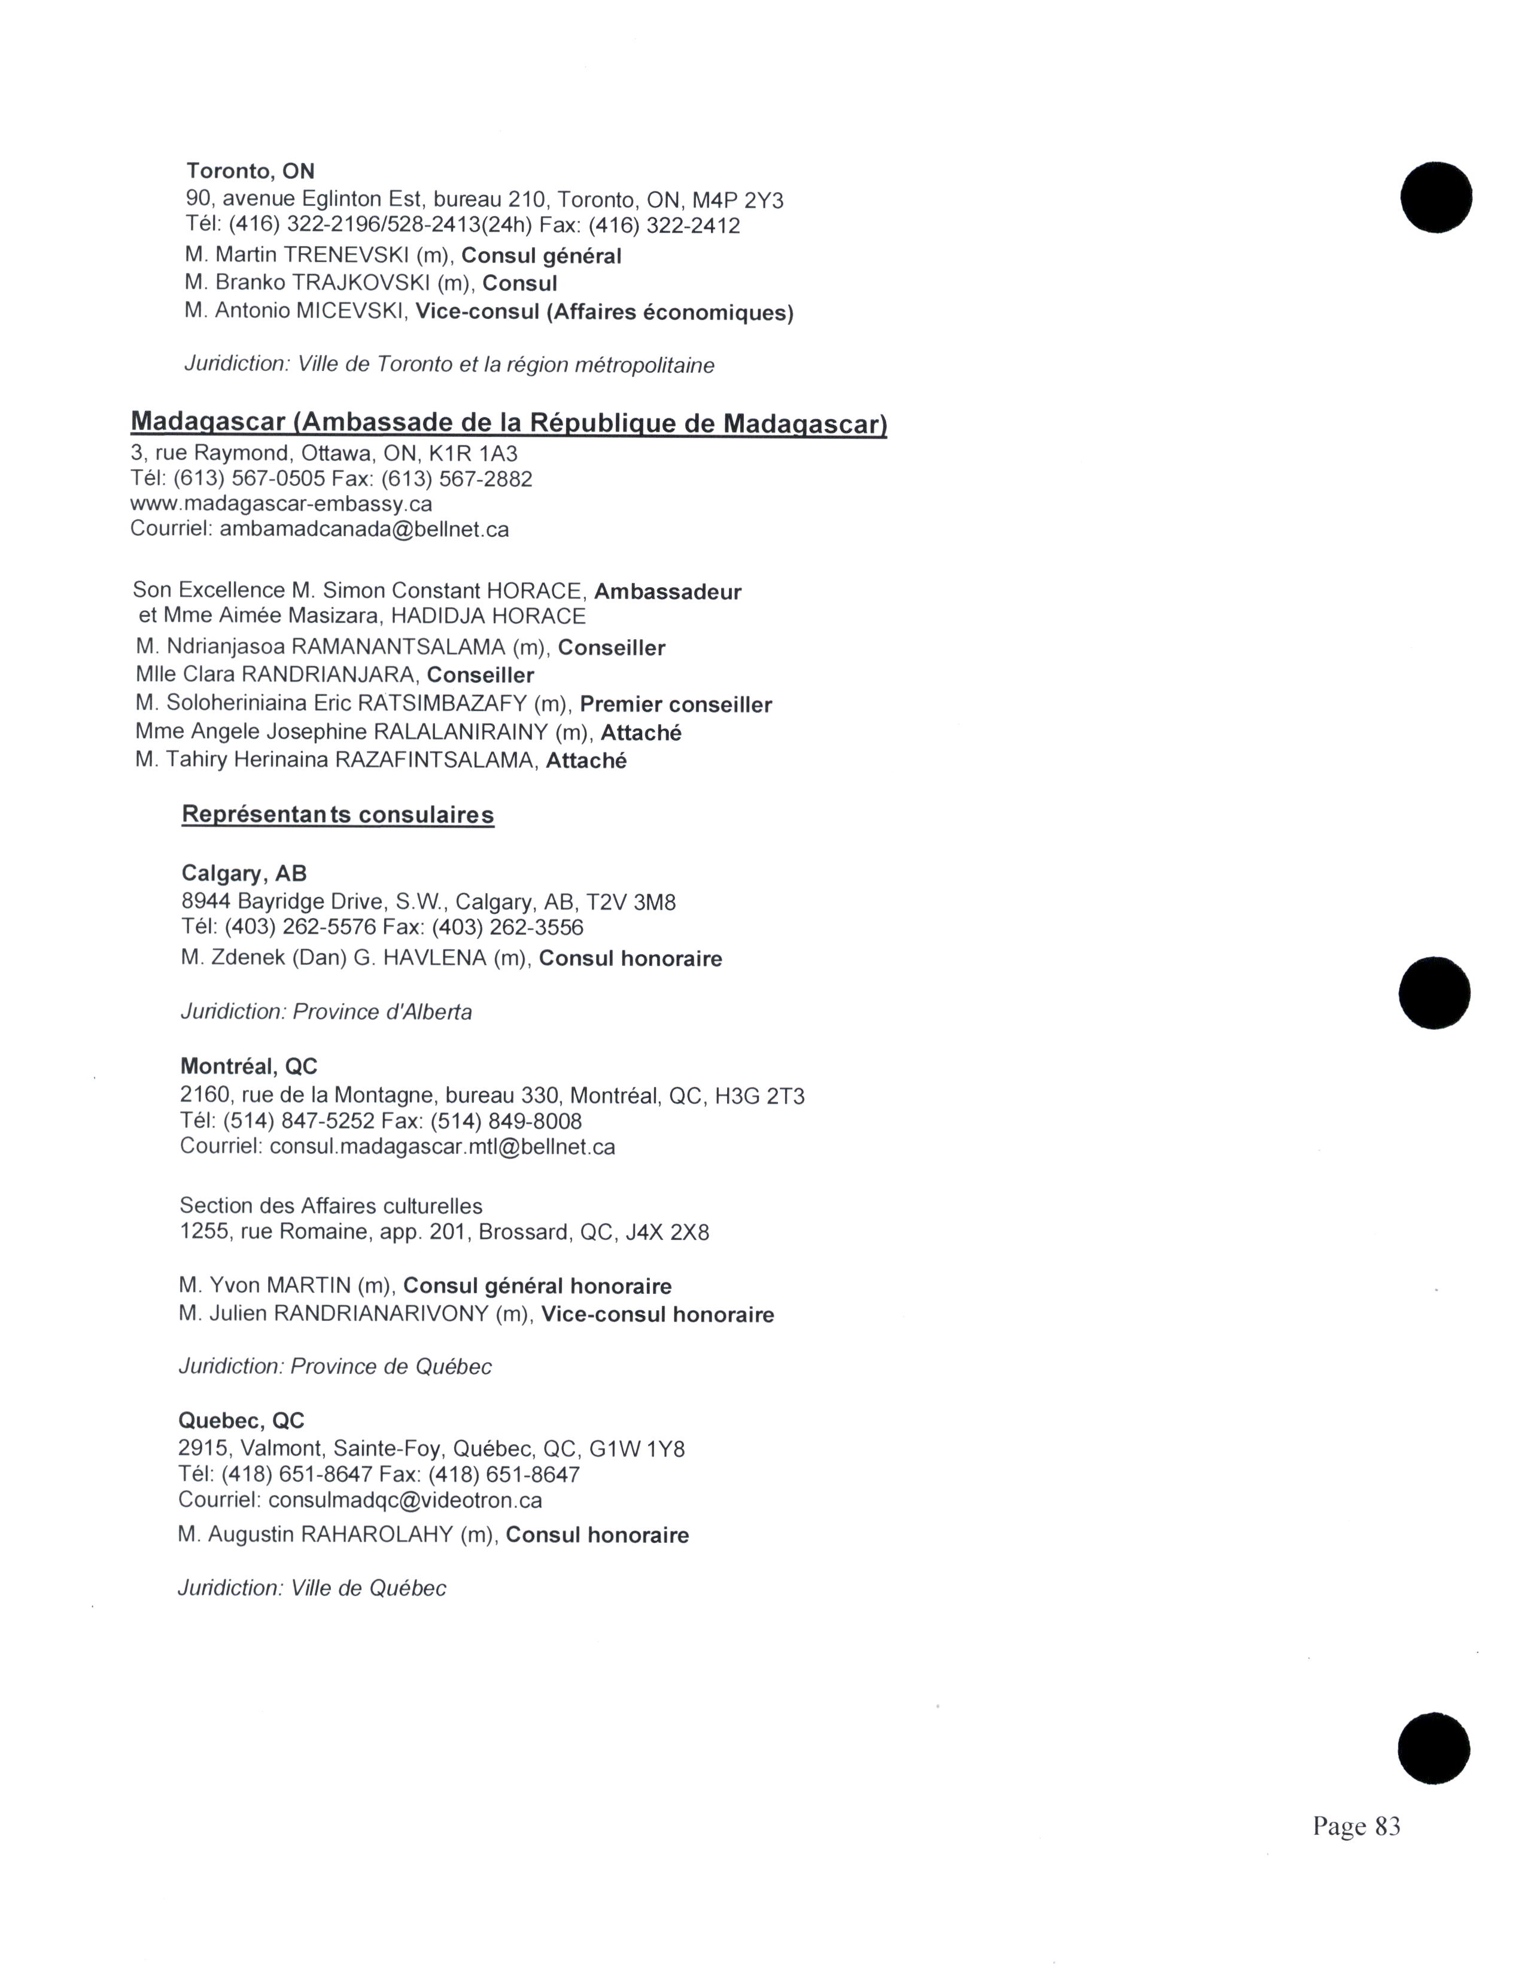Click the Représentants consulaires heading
click(338, 815)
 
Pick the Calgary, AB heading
click(244, 874)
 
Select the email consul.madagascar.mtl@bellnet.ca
click(442, 1147)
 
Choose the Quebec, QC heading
click(241, 1421)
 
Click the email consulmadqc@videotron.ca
click(405, 1500)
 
